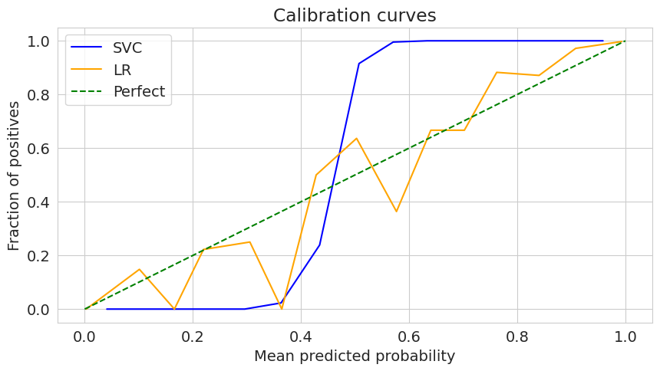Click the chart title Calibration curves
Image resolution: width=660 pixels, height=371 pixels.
355,15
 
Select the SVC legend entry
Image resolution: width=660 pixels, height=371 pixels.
127,48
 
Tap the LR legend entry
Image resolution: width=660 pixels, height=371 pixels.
121,70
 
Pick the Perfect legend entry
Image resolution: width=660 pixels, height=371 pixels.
139,92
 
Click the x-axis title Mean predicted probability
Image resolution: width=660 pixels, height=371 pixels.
355,356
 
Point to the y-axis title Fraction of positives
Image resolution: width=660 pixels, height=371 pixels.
15,176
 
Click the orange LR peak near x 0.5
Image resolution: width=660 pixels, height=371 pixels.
356,138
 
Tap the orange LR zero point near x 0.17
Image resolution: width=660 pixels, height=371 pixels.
174,309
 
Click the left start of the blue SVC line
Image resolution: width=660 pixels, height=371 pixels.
107,309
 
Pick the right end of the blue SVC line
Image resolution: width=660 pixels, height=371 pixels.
603,41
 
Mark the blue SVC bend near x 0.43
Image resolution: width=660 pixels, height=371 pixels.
319,245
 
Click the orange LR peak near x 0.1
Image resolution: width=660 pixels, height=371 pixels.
139,269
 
